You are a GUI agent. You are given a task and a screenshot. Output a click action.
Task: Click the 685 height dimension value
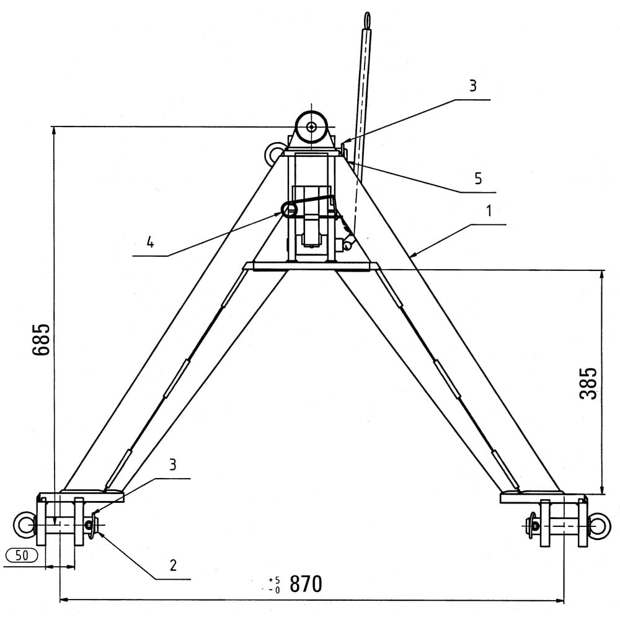pos(41,340)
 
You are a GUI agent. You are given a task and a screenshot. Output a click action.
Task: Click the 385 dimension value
pos(588,383)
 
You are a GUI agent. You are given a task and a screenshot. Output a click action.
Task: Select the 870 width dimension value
pos(306,583)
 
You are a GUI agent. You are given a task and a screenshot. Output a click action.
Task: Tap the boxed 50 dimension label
pos(22,556)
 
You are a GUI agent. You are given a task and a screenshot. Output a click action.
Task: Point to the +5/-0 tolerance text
pos(274,585)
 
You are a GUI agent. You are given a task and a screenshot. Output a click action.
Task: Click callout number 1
pos(489,211)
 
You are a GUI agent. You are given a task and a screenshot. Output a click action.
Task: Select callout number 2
pos(173,565)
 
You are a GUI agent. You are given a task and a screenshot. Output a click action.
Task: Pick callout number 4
pos(150,242)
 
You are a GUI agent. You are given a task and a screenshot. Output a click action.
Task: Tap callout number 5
pos(478,179)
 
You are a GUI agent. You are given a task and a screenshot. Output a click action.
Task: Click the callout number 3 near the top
pos(473,86)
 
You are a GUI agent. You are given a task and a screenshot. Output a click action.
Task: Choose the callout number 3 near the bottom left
pos(172,465)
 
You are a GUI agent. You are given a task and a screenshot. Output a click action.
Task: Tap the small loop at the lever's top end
pos(368,19)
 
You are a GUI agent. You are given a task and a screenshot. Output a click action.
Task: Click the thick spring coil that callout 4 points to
pos(289,208)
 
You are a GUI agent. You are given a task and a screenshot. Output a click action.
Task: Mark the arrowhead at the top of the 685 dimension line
pos(54,130)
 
